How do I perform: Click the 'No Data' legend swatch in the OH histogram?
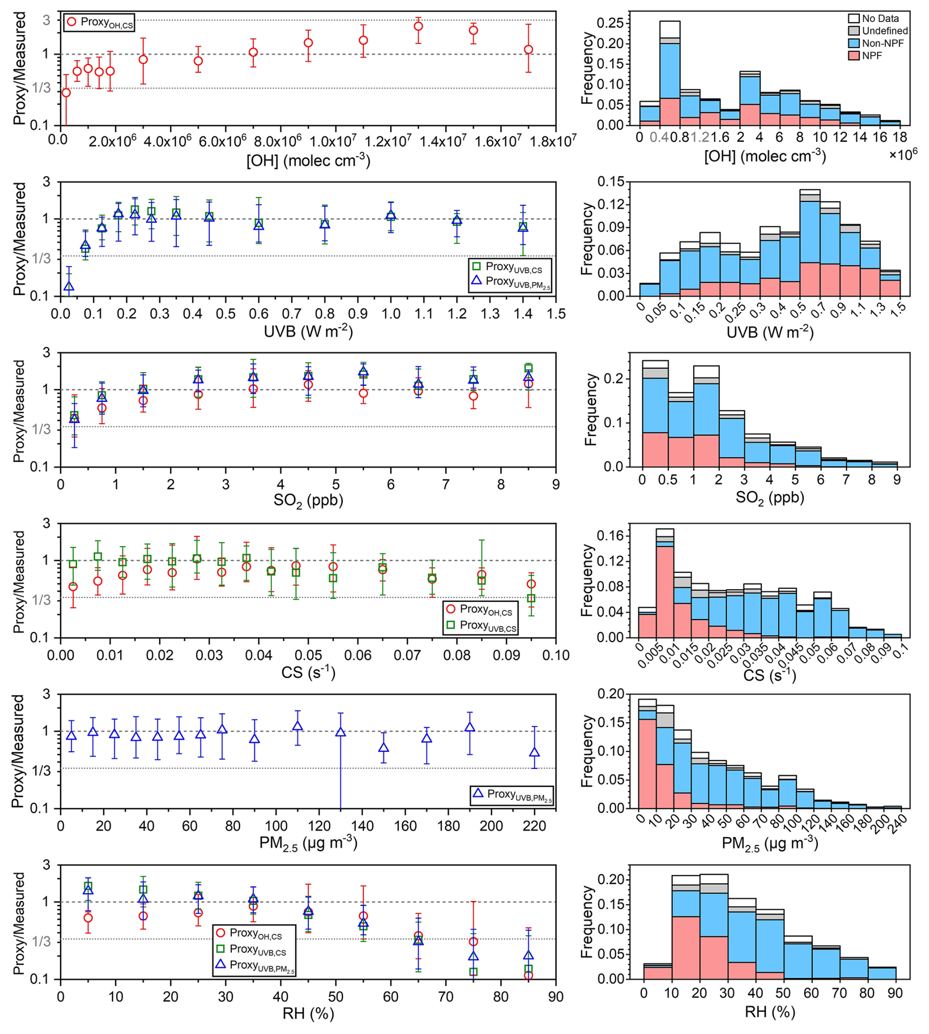click(x=854, y=18)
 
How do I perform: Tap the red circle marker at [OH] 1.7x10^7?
click(x=528, y=50)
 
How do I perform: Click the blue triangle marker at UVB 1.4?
click(x=523, y=227)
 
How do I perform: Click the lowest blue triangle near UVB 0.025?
click(x=68, y=286)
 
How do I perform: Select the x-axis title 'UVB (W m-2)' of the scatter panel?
click(x=308, y=332)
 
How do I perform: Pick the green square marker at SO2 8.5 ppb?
click(x=528, y=367)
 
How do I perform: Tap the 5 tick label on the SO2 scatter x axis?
click(x=335, y=484)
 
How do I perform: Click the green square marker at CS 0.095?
click(x=531, y=598)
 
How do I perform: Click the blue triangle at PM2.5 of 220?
click(x=534, y=752)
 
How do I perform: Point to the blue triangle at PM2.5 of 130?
click(x=340, y=732)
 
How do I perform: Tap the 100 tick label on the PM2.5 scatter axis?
click(x=275, y=826)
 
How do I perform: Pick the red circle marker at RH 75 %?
click(x=473, y=942)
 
